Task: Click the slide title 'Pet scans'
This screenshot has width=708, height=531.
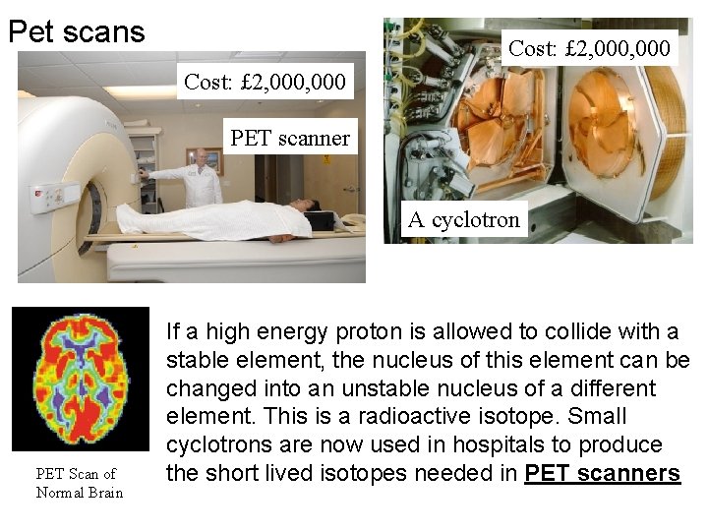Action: pos(77,31)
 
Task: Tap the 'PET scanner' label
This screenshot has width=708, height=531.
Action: pos(290,138)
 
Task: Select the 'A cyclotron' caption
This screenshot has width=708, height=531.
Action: pos(463,219)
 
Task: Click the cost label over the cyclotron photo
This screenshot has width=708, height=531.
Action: pos(589,47)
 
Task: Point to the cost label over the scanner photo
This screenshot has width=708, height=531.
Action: pos(265,83)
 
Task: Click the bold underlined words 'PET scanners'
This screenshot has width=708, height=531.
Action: pos(602,474)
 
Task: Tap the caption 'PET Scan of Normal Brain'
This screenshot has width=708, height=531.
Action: pos(79,483)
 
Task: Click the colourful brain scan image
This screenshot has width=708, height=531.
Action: pos(81,379)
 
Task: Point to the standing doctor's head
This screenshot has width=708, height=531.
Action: pos(203,157)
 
